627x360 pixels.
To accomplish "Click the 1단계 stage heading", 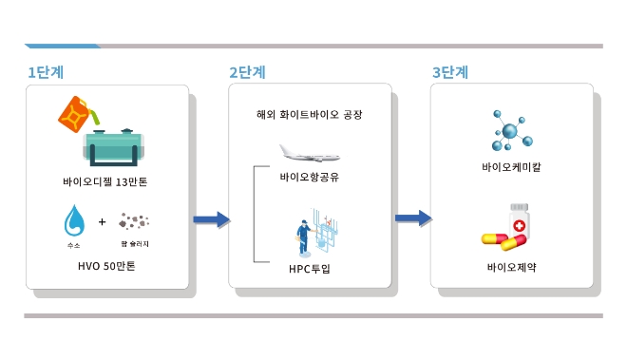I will click(x=46, y=72).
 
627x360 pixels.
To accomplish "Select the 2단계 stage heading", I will click(x=247, y=72).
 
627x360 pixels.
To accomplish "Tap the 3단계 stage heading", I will click(x=449, y=72).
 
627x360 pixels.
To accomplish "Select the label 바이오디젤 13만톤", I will click(x=106, y=180).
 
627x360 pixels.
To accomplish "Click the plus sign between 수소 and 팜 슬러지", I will click(x=103, y=222).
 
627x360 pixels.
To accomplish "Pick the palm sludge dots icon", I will click(x=136, y=221).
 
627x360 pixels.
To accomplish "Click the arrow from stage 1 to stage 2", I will click(x=211, y=219).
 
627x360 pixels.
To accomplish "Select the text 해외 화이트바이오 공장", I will click(x=310, y=115).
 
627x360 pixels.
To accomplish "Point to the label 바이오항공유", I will click(x=310, y=178).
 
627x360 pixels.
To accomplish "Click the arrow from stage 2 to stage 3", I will click(x=412, y=219).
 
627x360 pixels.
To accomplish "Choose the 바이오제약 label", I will click(x=512, y=267).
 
